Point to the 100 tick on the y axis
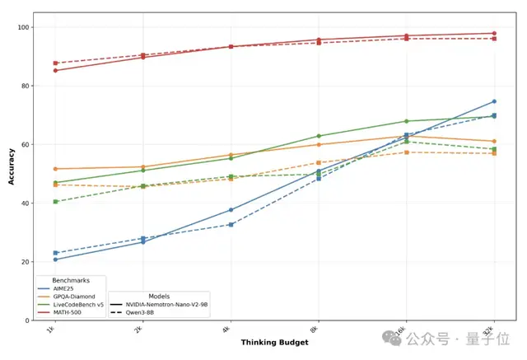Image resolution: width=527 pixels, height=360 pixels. [25, 27]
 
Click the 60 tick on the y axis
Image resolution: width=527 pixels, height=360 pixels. [26, 145]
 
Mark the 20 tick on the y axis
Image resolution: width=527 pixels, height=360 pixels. [26, 262]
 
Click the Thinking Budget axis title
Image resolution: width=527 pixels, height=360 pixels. [274, 342]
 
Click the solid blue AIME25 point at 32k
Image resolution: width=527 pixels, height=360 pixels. [494, 101]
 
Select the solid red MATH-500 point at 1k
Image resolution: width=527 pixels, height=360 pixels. [55, 70]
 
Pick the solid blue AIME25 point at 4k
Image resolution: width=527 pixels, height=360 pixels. [231, 210]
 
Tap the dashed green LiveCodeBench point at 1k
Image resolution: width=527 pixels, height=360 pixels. [55, 202]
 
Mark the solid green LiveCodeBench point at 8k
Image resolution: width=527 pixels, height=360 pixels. [319, 136]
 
